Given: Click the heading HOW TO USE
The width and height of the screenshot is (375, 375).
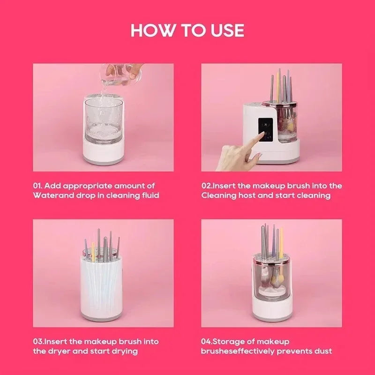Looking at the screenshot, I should pos(187,30).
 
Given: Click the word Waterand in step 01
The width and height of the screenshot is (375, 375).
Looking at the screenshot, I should pos(49,195).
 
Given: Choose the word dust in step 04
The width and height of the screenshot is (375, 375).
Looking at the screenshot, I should pos(323,351).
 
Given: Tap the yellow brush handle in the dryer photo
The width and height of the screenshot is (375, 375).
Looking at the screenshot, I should pos(93,251).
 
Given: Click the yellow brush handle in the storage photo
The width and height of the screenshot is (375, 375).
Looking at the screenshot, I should pos(281,241).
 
